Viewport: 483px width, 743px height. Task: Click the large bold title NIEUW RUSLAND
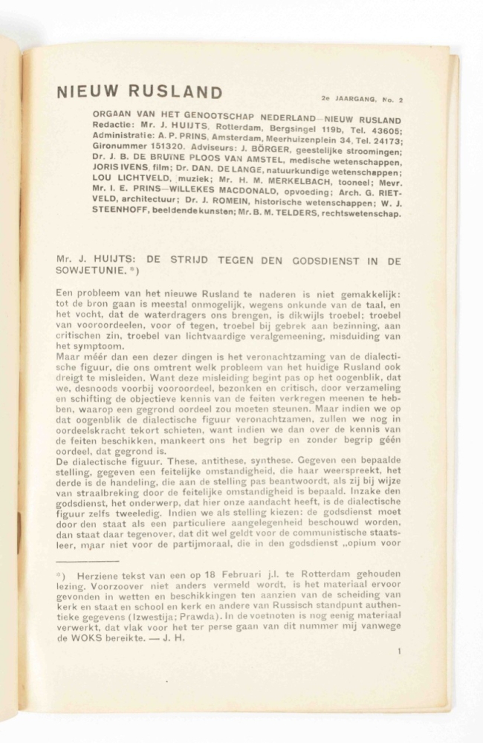[139, 92]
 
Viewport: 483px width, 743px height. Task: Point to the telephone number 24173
[385, 141]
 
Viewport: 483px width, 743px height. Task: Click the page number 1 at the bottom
[399, 652]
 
